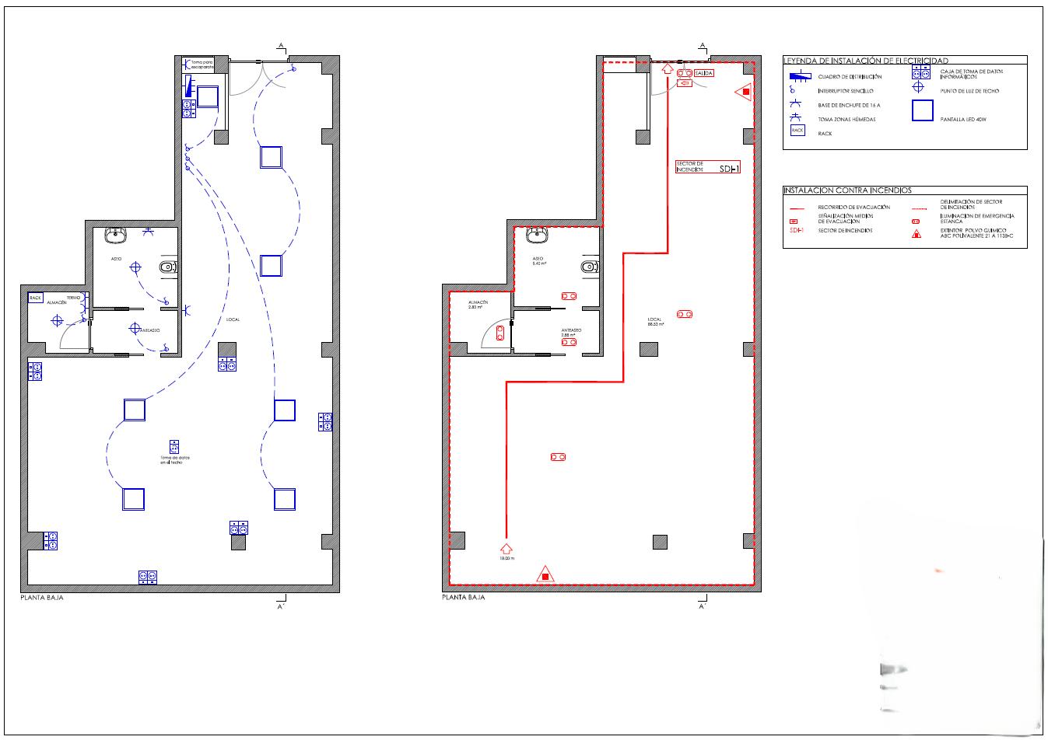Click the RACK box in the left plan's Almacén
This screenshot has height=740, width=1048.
pyautogui.click(x=35, y=298)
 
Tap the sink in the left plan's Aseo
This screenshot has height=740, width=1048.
pyautogui.click(x=117, y=232)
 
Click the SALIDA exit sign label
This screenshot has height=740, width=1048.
pyautogui.click(x=703, y=73)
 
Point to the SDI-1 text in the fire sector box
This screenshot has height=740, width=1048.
pyautogui.click(x=730, y=168)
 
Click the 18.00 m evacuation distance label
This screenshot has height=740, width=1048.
pyautogui.click(x=507, y=559)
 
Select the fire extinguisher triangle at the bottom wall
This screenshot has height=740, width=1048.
pyautogui.click(x=545, y=575)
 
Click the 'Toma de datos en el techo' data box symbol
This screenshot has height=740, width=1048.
pyautogui.click(x=174, y=447)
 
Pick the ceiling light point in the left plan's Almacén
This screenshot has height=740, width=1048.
pyautogui.click(x=57, y=319)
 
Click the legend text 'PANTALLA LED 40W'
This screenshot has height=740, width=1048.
pyautogui.click(x=965, y=119)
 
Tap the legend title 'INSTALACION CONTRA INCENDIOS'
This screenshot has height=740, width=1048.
pyautogui.click(x=847, y=190)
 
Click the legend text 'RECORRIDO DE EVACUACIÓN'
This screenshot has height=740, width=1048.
pyautogui.click(x=853, y=208)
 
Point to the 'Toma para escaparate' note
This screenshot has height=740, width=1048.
pyautogui.click(x=202, y=65)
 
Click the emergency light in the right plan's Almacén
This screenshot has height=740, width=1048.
pyautogui.click(x=499, y=333)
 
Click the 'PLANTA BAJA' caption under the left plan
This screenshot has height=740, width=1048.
pyautogui.click(x=41, y=599)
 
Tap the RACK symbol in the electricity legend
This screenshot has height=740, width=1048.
pyautogui.click(x=797, y=131)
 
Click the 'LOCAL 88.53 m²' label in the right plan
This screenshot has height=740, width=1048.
pyautogui.click(x=655, y=322)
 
